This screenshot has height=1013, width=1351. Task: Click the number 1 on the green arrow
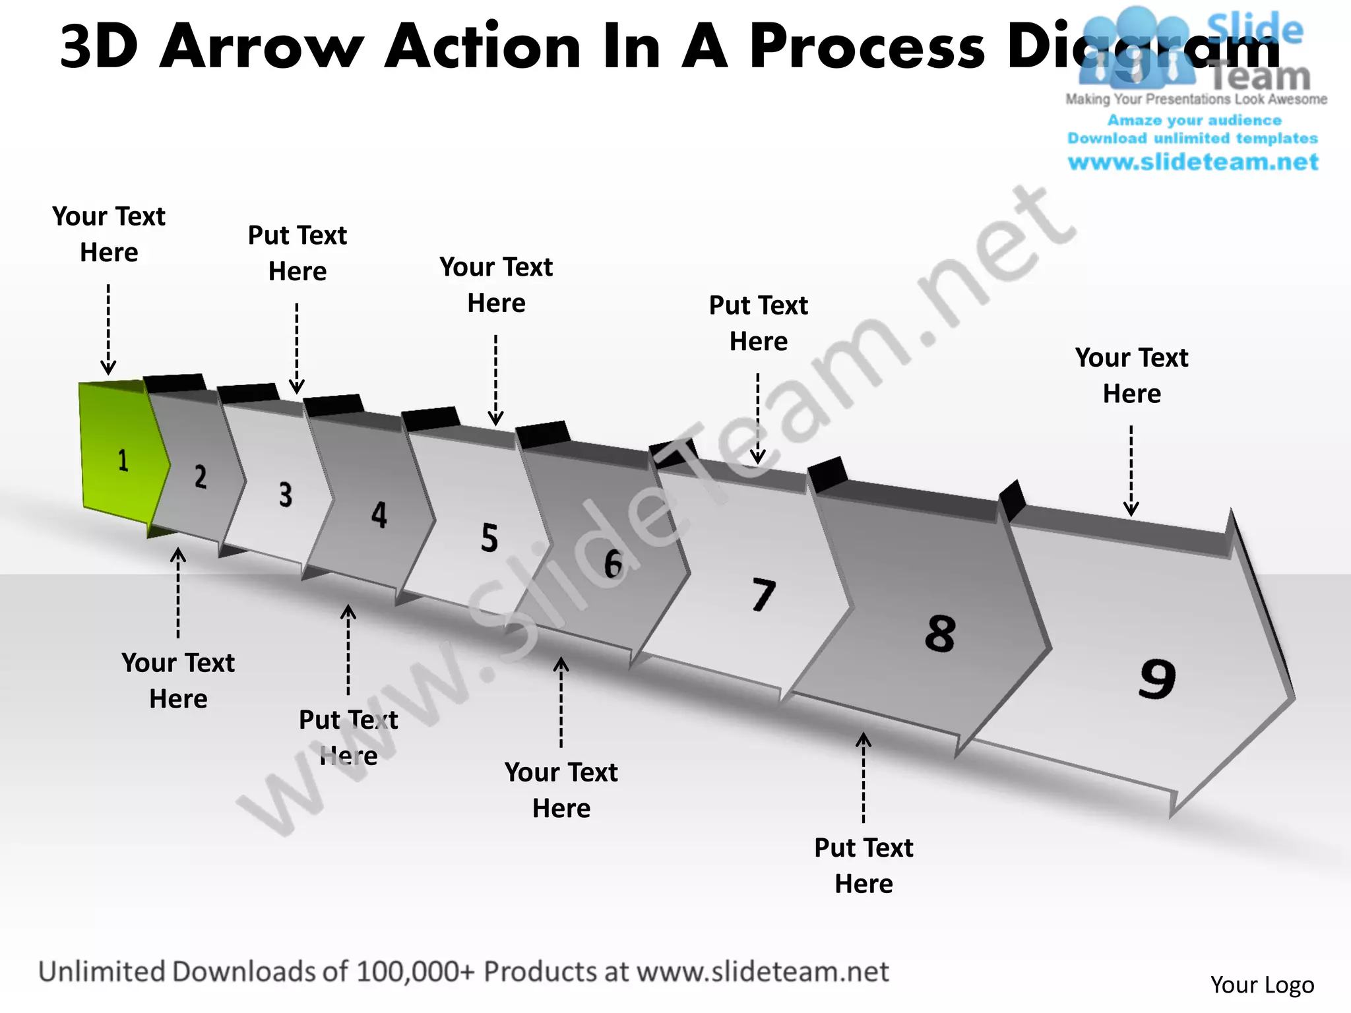pos(123,460)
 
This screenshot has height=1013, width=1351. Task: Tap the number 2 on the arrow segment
pos(201,476)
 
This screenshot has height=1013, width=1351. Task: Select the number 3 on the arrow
pos(285,495)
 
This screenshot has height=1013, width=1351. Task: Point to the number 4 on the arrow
pos(379,515)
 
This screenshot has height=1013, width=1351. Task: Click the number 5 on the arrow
pos(489,537)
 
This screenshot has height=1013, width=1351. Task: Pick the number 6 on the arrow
pos(613,564)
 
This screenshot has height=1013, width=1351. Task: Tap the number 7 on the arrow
pos(763,594)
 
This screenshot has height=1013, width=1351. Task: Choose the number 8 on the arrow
pos(940,634)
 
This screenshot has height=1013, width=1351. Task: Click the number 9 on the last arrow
pos(1157,679)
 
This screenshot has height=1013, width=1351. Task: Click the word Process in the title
pos(867,47)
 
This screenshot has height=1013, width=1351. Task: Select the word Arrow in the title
pos(262,47)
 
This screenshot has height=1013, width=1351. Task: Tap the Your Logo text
pos(1262,985)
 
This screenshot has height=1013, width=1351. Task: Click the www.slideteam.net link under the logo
pos(1193,162)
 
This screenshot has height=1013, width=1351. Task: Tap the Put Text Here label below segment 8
pos(864,865)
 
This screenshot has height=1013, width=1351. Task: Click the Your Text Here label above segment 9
pos(1131,375)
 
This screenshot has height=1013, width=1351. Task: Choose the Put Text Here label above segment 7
pos(758,323)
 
